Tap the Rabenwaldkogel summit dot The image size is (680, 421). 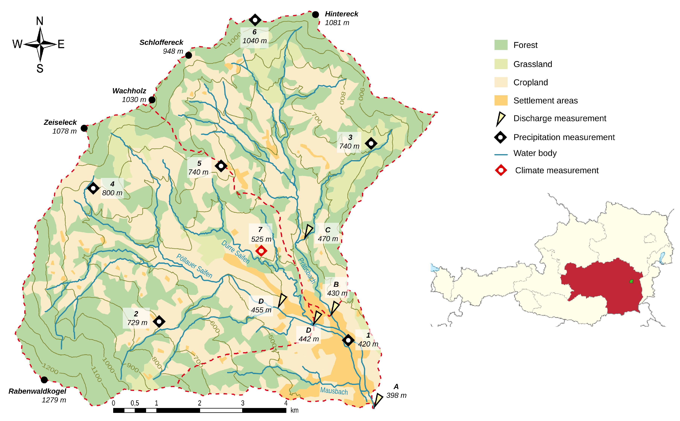pyautogui.click(x=44, y=380)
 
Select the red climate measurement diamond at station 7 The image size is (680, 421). pyautogui.click(x=261, y=251)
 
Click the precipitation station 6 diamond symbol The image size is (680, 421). pyautogui.click(x=255, y=20)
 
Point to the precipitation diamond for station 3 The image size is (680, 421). pyautogui.click(x=371, y=143)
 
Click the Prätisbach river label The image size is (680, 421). pyautogui.click(x=307, y=270)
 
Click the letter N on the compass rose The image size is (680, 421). pyautogui.click(x=40, y=21)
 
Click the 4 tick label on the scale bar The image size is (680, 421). pyautogui.click(x=286, y=403)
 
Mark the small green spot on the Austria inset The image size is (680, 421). pyautogui.click(x=632, y=281)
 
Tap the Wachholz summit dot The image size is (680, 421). pyautogui.click(x=152, y=100)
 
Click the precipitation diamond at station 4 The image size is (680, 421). pyautogui.click(x=93, y=188)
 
